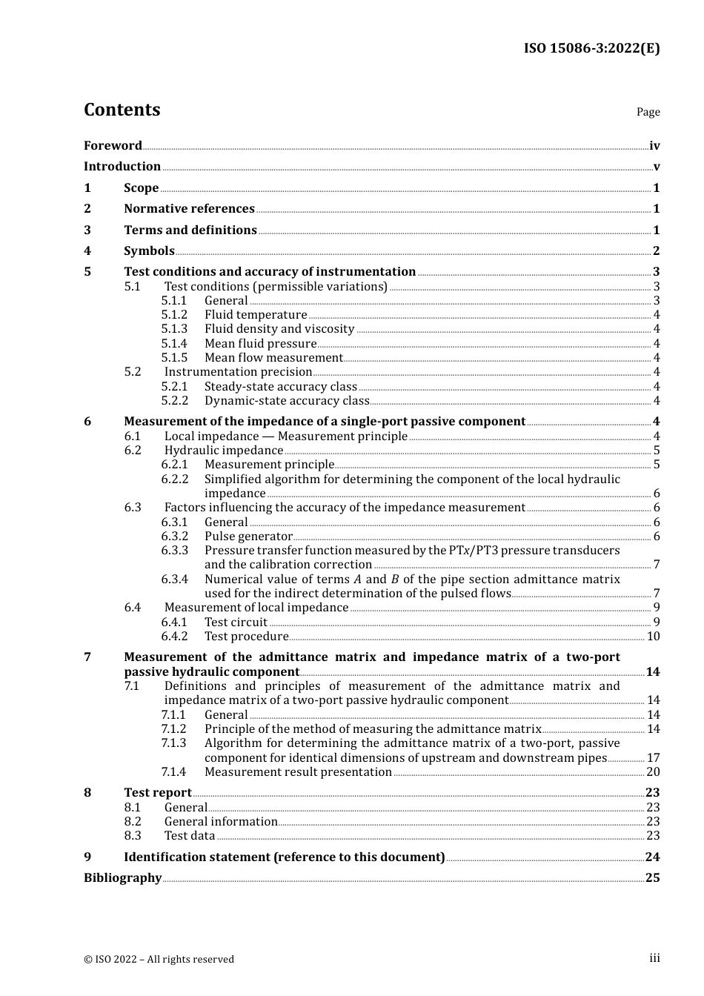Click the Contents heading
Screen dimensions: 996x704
(122, 110)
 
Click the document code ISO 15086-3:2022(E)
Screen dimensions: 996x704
(591, 48)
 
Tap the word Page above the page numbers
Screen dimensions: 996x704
(648, 112)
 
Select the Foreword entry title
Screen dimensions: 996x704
(113, 145)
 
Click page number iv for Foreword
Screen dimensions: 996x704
(654, 145)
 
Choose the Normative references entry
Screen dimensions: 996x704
(189, 209)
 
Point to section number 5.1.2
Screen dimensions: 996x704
(174, 315)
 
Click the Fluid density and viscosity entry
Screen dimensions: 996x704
(279, 329)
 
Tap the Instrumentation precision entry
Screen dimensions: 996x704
(238, 372)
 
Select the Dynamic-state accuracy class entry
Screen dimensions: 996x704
(287, 401)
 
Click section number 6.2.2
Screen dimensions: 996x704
(174, 479)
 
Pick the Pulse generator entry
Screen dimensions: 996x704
(248, 537)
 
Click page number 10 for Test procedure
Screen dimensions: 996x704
(653, 637)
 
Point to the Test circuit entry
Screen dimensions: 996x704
(236, 622)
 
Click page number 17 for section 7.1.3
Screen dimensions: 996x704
(653, 758)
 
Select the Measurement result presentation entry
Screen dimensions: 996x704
(298, 772)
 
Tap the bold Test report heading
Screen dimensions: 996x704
(157, 793)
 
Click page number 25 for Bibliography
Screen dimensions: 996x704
(652, 878)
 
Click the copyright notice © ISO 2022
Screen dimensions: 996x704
(159, 959)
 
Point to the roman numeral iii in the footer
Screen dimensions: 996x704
(654, 958)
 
